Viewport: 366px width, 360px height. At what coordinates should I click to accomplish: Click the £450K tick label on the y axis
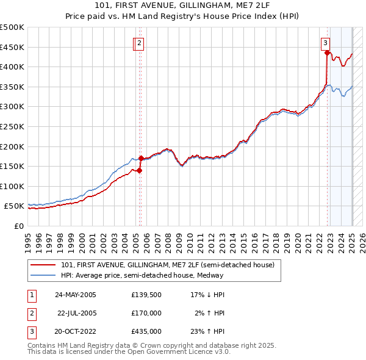(x=12, y=47)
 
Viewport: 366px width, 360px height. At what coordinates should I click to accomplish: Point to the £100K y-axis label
(x=12, y=186)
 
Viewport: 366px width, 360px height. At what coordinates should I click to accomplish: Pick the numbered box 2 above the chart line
(x=140, y=43)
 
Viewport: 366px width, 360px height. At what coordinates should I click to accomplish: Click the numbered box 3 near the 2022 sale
(x=326, y=43)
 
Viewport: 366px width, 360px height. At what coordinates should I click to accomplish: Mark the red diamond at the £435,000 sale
(x=328, y=53)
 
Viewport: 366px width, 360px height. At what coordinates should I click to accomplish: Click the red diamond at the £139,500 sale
(x=140, y=171)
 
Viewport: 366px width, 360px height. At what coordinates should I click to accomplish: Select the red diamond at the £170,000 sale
(x=141, y=159)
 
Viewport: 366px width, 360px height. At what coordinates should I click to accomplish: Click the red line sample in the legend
(x=43, y=265)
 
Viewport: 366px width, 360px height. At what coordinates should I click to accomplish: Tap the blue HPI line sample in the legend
(x=43, y=275)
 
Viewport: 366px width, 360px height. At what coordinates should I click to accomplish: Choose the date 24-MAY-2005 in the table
(x=76, y=295)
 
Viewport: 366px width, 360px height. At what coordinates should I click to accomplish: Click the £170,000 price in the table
(x=146, y=313)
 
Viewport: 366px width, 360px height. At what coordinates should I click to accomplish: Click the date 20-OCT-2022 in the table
(x=76, y=331)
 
